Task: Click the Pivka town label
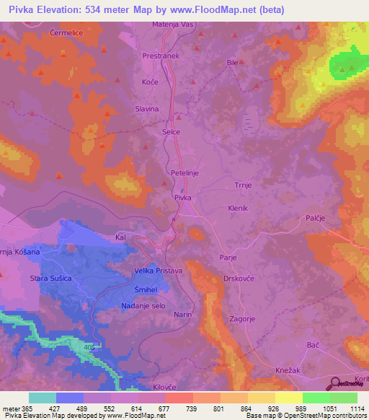[182, 196]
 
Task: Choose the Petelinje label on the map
[185, 173]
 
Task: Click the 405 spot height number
[87, 346]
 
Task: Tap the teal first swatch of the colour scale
[43, 398]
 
